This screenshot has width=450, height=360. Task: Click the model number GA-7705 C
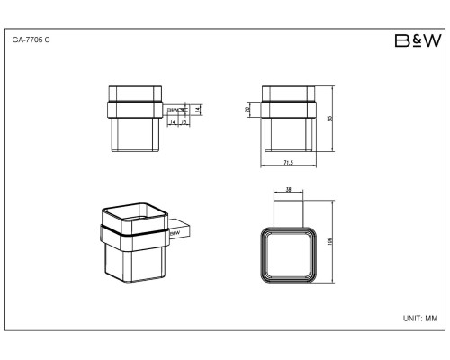pyautogui.click(x=31, y=41)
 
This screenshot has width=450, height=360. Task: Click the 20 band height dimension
pyautogui.click(x=248, y=111)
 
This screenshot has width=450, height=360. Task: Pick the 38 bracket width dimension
pyautogui.click(x=288, y=191)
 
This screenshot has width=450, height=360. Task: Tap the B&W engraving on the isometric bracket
pyautogui.click(x=175, y=232)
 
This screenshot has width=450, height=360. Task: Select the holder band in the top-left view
pyautogui.click(x=133, y=111)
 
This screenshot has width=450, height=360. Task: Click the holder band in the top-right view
pyautogui.click(x=289, y=111)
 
